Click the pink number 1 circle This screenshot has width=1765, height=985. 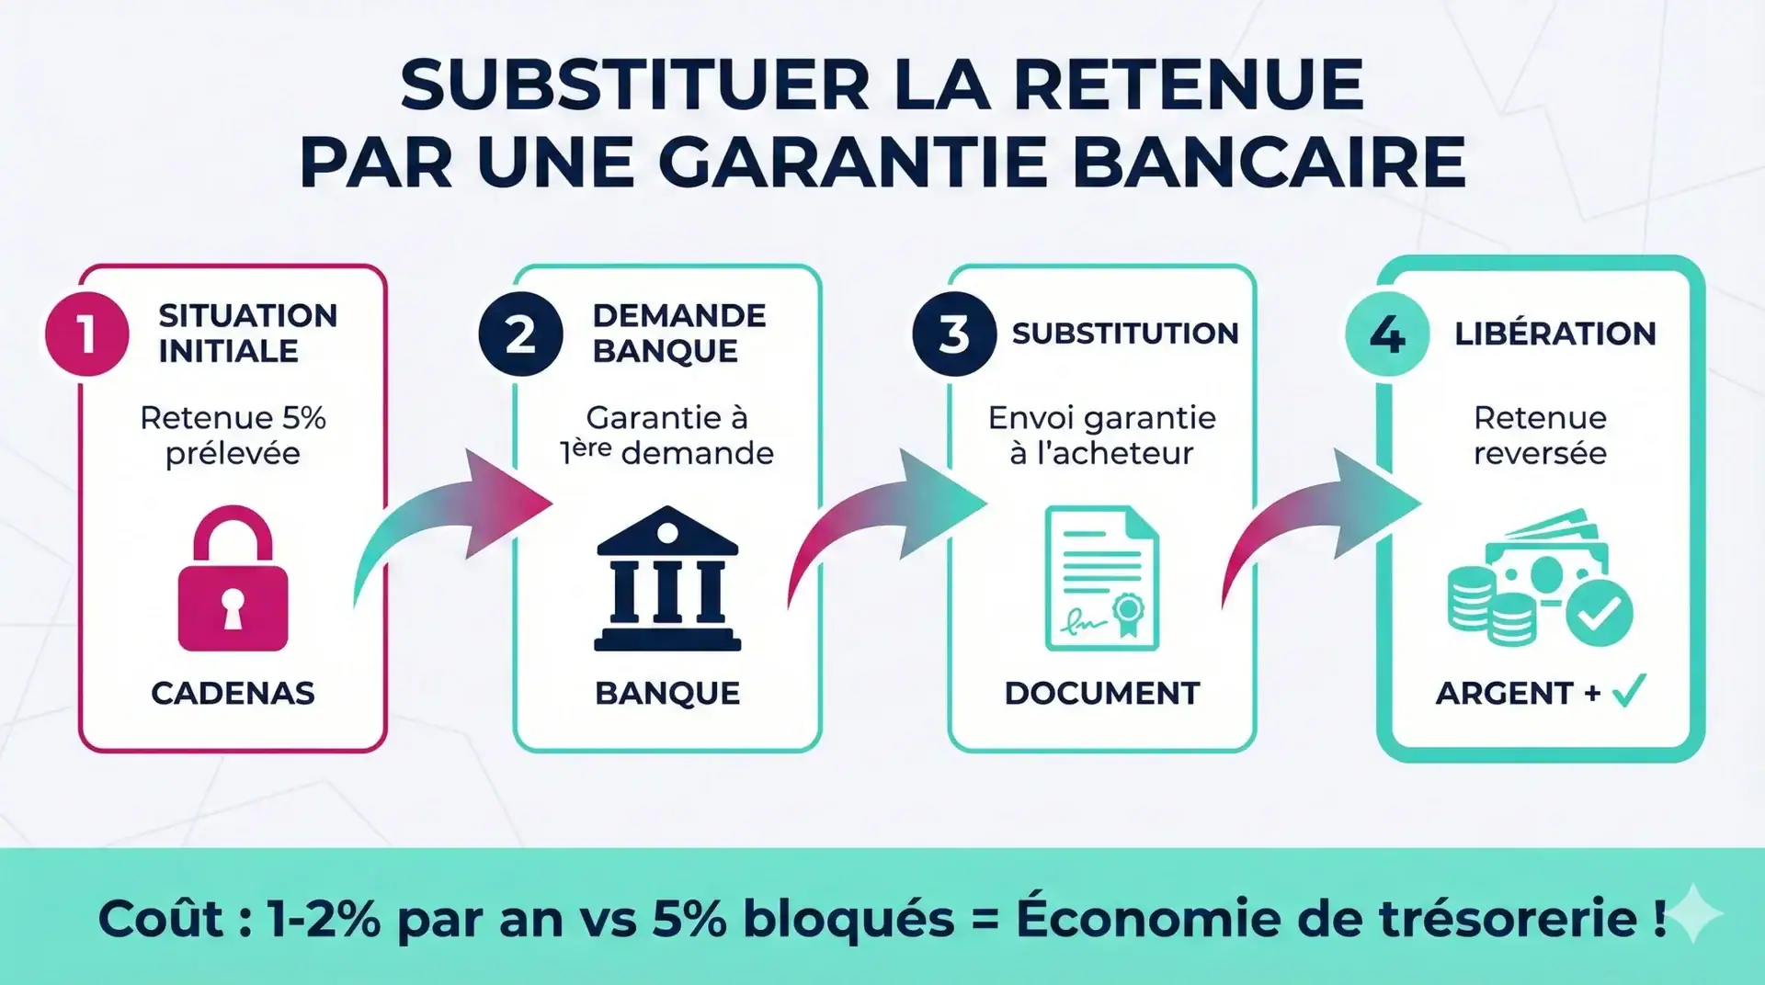coord(86,334)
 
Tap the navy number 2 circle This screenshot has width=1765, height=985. coord(520,334)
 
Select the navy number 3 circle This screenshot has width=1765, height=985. coord(954,334)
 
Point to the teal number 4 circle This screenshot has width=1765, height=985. coord(1387,334)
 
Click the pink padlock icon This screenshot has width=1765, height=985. coord(233,579)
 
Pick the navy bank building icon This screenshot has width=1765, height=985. coord(667,579)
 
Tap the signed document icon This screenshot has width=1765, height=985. coord(1101,579)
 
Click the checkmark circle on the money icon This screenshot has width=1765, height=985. coord(1599,612)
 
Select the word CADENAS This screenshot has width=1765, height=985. coord(233,693)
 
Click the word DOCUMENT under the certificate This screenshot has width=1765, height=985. coord(1101,693)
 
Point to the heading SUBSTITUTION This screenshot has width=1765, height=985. coord(1125,334)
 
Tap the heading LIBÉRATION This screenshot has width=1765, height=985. coord(1554,334)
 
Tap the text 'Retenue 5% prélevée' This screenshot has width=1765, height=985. coord(233,436)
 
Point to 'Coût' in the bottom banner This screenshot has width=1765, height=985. coord(160,918)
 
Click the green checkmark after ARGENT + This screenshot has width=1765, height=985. coord(1629,691)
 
